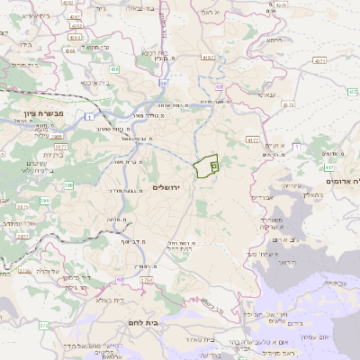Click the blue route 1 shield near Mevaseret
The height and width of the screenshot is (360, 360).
(88, 114)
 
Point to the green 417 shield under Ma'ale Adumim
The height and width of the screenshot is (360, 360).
(329, 167)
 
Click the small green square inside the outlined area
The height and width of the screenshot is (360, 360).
(214, 166)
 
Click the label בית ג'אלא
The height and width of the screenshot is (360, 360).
(107, 301)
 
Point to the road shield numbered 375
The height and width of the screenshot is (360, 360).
(43, 324)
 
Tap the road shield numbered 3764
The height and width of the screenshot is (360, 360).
(146, 280)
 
